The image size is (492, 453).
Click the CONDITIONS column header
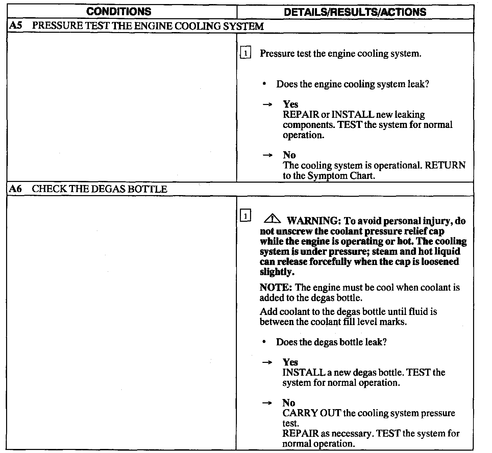coord(119,12)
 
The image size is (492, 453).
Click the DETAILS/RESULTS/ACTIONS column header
coord(355,12)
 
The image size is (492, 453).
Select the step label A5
coord(15,26)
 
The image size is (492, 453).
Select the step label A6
coord(15,189)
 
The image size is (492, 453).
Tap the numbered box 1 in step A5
coord(246,54)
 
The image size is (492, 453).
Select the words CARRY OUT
coord(311,413)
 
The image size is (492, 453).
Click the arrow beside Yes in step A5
coord(267,105)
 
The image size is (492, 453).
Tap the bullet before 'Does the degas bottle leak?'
coord(264,342)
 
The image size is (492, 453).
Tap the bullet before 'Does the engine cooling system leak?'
coord(264,84)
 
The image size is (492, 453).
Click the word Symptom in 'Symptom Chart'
coord(326,176)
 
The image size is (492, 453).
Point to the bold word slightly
coord(276,272)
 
